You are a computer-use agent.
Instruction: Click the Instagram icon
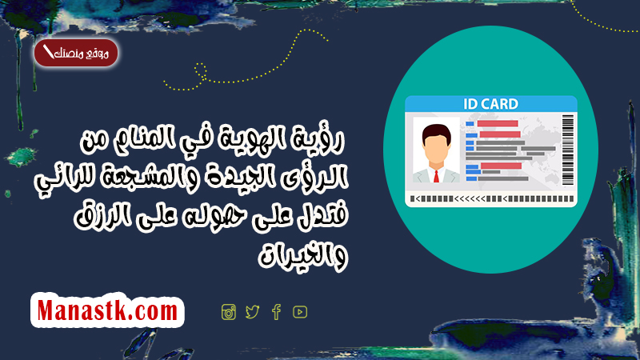(x=229, y=312)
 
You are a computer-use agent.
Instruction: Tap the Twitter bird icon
(x=252, y=312)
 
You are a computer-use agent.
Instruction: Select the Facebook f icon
(x=276, y=312)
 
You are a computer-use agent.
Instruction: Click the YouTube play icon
(x=300, y=312)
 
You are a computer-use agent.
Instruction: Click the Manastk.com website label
(x=107, y=310)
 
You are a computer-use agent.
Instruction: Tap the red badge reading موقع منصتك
(x=76, y=53)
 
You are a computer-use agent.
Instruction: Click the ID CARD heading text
(x=490, y=104)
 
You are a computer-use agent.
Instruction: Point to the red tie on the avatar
(x=436, y=176)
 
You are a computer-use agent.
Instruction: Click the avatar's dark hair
(x=436, y=133)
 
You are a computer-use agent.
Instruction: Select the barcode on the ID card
(x=568, y=150)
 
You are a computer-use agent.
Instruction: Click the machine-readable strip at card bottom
(x=492, y=198)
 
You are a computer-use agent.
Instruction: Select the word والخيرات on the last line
(x=303, y=256)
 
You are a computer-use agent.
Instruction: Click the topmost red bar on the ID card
(x=498, y=123)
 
